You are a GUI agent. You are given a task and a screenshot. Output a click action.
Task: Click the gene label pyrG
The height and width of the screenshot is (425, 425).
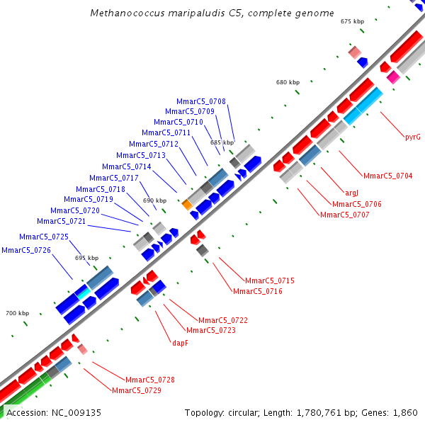click(x=413, y=137)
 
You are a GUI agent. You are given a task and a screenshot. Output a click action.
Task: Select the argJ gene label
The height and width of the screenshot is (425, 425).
click(x=352, y=193)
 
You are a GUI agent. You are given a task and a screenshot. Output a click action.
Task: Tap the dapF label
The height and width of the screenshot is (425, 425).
click(x=181, y=343)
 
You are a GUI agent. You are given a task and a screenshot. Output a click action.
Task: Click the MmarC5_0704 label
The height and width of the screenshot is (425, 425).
click(x=387, y=176)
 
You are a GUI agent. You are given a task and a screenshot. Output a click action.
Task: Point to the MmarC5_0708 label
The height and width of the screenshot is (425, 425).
click(x=207, y=101)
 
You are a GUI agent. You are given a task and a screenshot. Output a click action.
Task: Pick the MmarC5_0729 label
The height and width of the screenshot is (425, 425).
click(x=137, y=390)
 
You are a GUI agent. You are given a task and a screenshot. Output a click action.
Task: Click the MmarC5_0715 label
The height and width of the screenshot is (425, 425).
click(x=269, y=281)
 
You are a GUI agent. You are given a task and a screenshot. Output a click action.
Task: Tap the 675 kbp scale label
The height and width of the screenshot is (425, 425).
click(x=352, y=22)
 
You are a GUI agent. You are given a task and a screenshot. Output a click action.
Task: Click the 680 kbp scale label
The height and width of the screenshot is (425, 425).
click(x=288, y=83)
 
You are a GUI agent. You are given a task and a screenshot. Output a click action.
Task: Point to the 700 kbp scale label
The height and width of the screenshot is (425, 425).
click(x=18, y=313)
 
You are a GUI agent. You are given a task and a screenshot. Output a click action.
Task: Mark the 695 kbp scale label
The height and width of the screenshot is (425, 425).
click(x=86, y=258)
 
